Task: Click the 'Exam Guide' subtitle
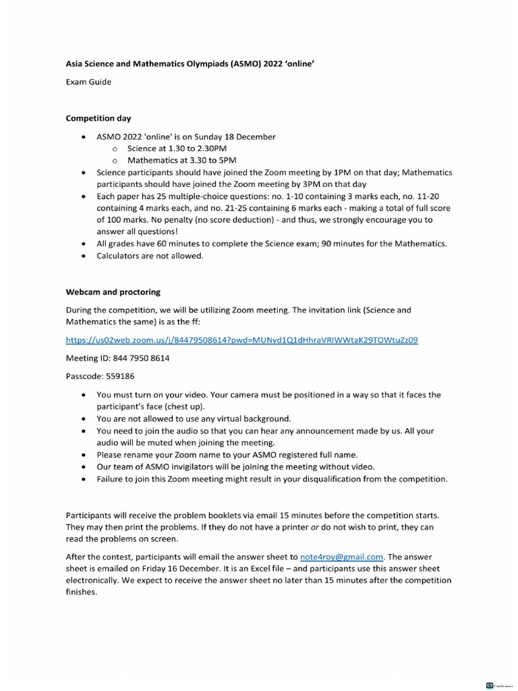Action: pos(88,82)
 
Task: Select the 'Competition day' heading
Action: pos(98,118)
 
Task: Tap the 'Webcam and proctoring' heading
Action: pos(113,292)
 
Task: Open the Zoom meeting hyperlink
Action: pos(241,340)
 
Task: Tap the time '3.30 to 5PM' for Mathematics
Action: pos(208,161)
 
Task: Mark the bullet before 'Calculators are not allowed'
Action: pos(83,256)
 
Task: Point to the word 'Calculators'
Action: pos(119,256)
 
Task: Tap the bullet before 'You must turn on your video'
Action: pos(83,395)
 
